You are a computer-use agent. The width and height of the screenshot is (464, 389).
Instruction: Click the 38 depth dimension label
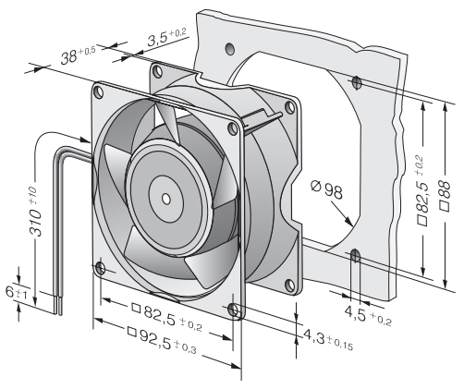coord(78,55)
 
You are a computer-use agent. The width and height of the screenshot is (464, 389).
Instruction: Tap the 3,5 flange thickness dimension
coord(166,37)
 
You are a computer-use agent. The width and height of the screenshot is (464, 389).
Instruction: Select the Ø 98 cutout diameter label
coord(326,189)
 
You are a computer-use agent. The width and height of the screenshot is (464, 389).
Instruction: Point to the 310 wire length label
coord(35,212)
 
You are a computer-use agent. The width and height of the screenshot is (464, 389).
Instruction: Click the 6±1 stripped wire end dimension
coord(17,293)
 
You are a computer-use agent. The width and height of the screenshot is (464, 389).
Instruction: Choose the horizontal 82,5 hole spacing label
coord(166,315)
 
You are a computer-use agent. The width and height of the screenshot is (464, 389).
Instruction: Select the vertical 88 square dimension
coord(445,196)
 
